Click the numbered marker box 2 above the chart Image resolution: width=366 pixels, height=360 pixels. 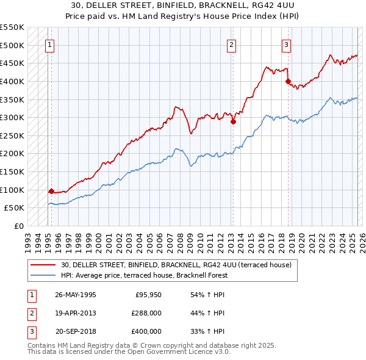click(x=232, y=44)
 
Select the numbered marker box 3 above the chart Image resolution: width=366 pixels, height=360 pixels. click(x=286, y=44)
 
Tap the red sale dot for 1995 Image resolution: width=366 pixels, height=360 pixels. click(x=51, y=190)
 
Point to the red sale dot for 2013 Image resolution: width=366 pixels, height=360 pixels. click(x=233, y=121)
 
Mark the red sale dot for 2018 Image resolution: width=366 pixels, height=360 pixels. click(x=288, y=81)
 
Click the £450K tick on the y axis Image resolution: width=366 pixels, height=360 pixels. click(x=12, y=63)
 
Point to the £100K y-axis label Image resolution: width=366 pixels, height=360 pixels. click(x=12, y=190)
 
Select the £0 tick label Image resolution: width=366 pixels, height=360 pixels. click(x=18, y=226)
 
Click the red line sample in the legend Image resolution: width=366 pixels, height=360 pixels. click(x=43, y=265)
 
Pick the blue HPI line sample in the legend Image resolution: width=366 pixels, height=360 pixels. click(x=43, y=275)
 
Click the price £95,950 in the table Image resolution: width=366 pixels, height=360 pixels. click(x=147, y=295)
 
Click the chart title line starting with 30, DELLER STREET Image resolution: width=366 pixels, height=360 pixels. click(x=184, y=5)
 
